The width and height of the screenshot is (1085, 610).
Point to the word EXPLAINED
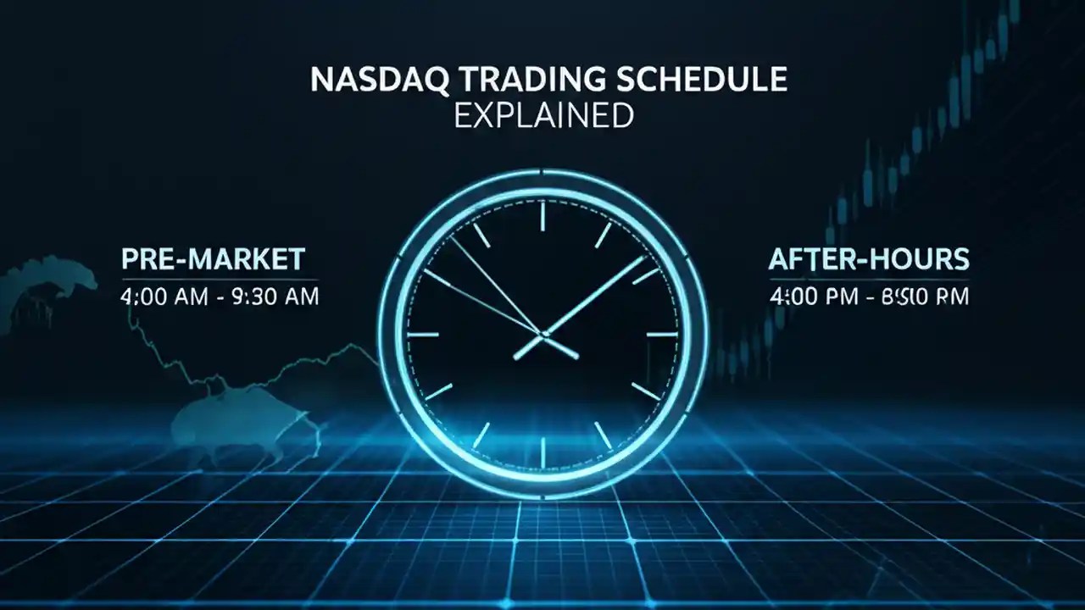pyautogui.click(x=543, y=114)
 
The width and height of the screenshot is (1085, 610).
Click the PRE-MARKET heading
pyautogui.click(x=213, y=259)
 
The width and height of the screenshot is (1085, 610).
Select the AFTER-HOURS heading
pyautogui.click(x=868, y=259)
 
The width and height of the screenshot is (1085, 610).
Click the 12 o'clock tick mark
pyautogui.click(x=542, y=215)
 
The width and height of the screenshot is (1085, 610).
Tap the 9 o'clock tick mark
pyautogui.click(x=423, y=334)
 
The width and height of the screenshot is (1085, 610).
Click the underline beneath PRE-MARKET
pyautogui.click(x=220, y=279)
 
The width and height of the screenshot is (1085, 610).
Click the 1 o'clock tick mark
pyautogui.click(x=603, y=235)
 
